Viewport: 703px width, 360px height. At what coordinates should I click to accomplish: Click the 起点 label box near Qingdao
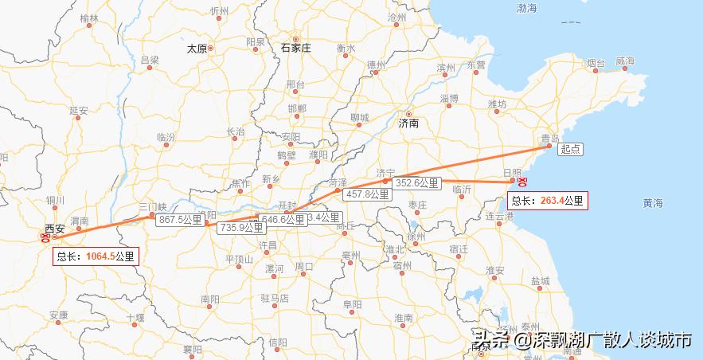(x=570, y=149)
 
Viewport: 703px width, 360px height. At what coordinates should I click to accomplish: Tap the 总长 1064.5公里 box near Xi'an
(x=96, y=256)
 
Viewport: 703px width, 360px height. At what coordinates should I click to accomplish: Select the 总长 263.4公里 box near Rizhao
(x=547, y=201)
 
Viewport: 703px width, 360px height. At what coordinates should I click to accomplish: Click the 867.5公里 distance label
(x=181, y=219)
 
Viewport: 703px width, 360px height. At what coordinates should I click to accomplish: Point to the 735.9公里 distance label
(x=241, y=227)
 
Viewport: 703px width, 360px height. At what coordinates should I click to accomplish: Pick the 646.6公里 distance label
(x=283, y=219)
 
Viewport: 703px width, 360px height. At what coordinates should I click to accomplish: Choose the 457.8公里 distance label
(x=367, y=194)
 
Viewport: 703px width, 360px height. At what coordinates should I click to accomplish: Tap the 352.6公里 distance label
(x=417, y=183)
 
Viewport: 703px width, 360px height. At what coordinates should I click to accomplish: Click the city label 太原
(x=197, y=49)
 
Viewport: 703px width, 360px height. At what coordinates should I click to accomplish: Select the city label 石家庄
(x=296, y=48)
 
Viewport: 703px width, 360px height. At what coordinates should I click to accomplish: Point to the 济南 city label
(x=408, y=123)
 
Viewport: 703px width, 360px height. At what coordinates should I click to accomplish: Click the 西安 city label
(x=55, y=229)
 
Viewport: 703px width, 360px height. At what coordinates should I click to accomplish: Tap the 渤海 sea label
(x=526, y=9)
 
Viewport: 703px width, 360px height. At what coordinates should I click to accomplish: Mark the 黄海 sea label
(x=653, y=204)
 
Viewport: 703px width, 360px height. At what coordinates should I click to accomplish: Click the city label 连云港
(x=499, y=217)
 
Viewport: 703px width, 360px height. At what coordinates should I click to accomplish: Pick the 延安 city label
(x=79, y=110)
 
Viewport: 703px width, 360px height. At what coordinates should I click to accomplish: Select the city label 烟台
(x=596, y=62)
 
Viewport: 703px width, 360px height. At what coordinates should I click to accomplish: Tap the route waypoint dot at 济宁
(x=385, y=182)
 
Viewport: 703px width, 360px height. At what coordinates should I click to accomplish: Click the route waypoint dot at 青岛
(x=549, y=146)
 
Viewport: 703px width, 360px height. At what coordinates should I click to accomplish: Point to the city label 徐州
(x=416, y=237)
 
